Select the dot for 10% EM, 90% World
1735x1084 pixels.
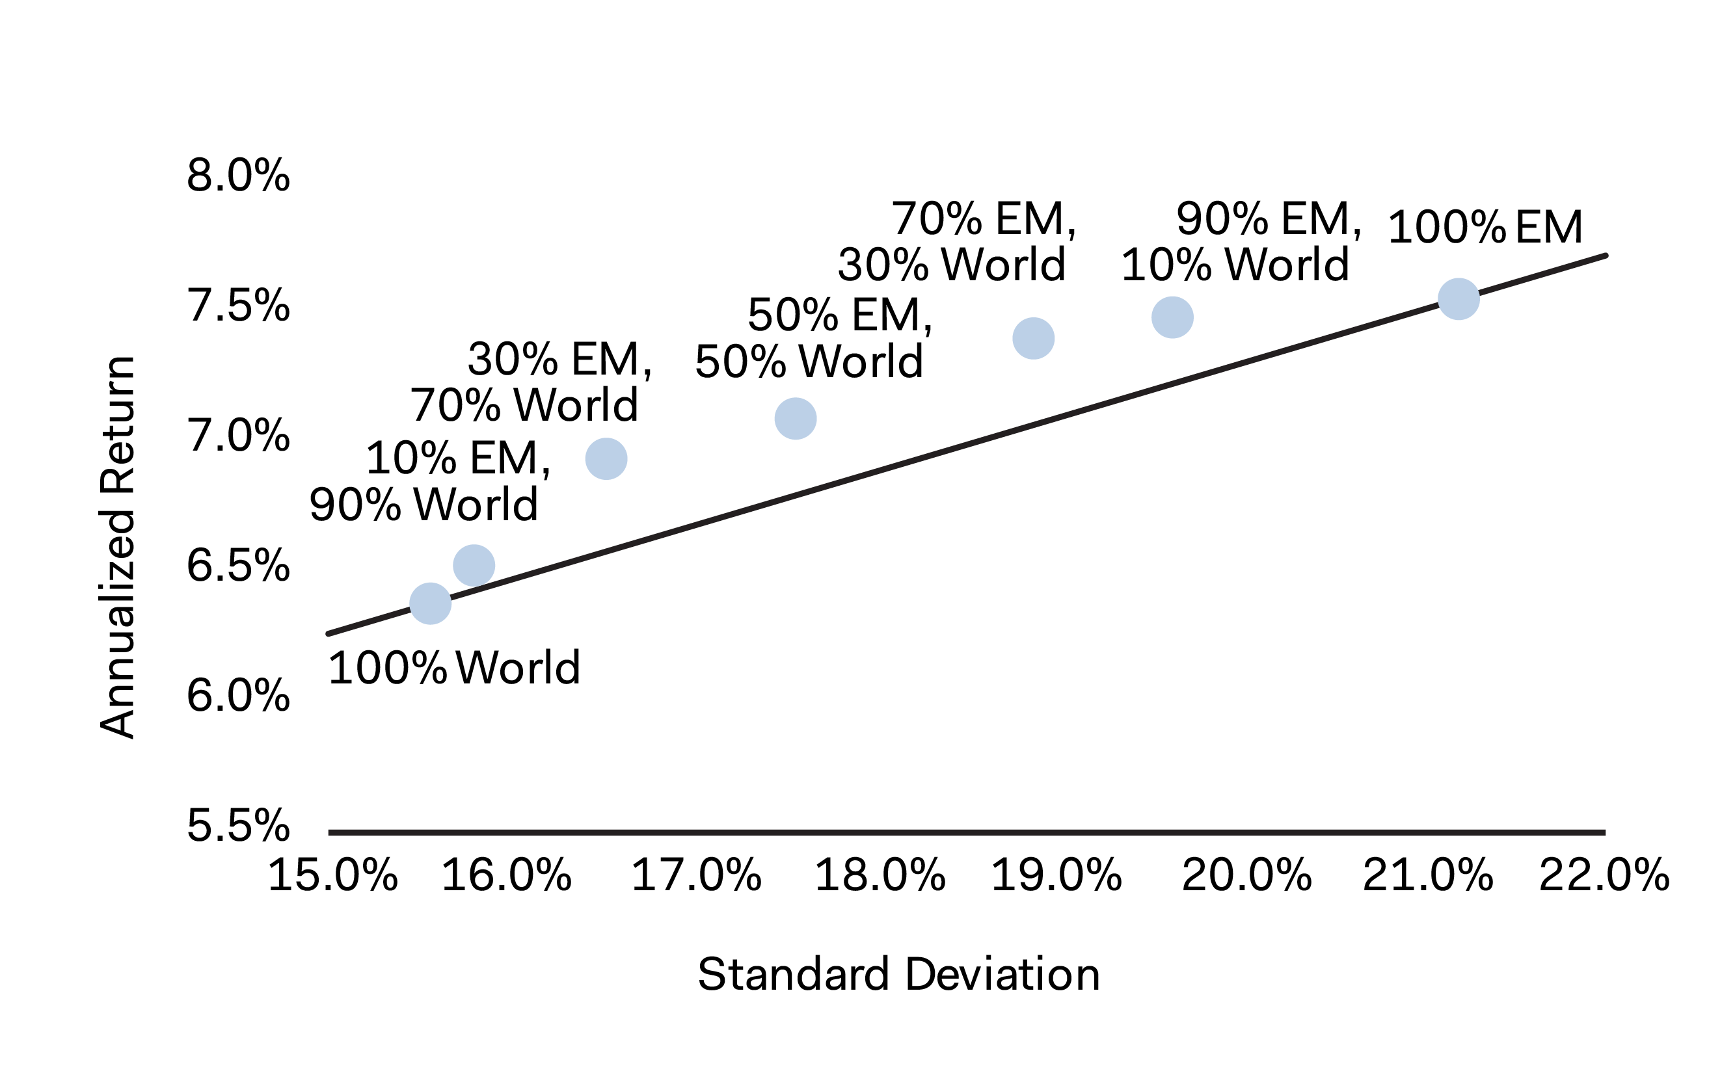tap(474, 565)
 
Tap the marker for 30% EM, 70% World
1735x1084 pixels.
tap(606, 459)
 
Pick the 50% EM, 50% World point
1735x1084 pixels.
tap(796, 419)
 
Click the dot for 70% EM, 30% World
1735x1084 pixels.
tap(1034, 338)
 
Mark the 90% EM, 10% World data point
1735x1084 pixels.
tap(1173, 317)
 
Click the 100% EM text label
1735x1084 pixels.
tap(1485, 228)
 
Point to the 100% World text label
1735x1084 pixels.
tap(454, 668)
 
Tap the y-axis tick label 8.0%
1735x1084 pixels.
tap(238, 176)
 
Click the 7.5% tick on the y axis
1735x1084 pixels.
tap(238, 306)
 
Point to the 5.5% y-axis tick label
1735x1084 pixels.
tap(238, 826)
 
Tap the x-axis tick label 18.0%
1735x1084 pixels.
tap(880, 875)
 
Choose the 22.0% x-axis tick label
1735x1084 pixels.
tap(1604, 875)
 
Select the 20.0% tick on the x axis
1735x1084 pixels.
tap(1246, 875)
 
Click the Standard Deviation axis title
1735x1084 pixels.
tap(898, 975)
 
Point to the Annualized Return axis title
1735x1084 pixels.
tap(117, 546)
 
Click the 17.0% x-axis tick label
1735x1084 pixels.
tap(695, 875)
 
